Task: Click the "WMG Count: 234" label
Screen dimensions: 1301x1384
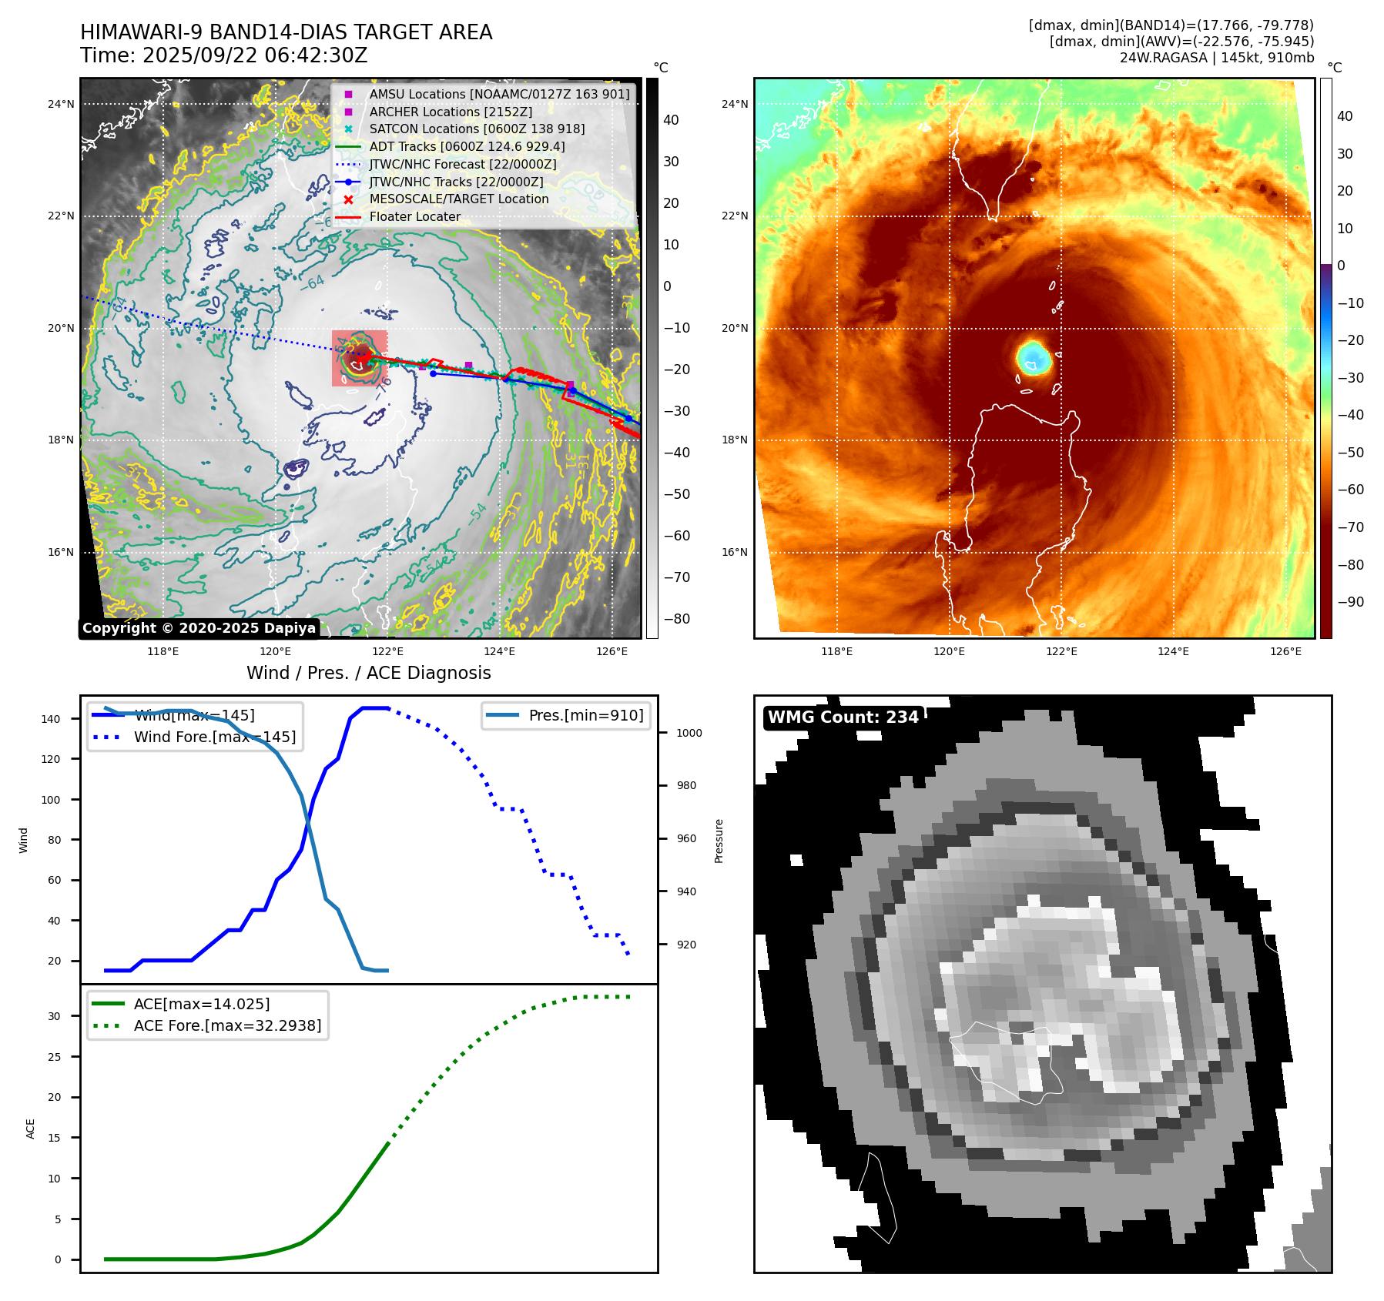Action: (843, 717)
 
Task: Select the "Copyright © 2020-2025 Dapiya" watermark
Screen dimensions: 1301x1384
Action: (199, 628)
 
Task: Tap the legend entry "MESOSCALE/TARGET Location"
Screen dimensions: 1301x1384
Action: (458, 199)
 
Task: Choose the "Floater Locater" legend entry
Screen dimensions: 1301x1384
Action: (414, 217)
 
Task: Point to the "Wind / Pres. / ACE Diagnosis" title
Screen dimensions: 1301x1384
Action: (368, 673)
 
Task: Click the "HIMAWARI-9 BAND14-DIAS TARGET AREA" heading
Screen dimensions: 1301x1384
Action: (286, 32)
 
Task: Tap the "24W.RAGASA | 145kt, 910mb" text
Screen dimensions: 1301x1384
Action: (1216, 58)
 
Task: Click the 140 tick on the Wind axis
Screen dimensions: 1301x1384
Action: (51, 719)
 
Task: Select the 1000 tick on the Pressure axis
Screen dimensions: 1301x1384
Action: (689, 733)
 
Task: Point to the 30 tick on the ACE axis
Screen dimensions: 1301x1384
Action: (54, 1016)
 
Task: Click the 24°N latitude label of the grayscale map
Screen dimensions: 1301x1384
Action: (62, 104)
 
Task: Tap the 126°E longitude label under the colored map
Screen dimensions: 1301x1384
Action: (1285, 651)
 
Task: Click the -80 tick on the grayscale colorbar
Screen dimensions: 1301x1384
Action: (677, 619)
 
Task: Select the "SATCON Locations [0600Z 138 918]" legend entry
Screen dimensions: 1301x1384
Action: (477, 129)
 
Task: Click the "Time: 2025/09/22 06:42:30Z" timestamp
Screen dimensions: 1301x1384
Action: (223, 56)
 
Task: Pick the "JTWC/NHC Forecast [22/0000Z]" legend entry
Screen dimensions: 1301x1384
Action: (462, 165)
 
